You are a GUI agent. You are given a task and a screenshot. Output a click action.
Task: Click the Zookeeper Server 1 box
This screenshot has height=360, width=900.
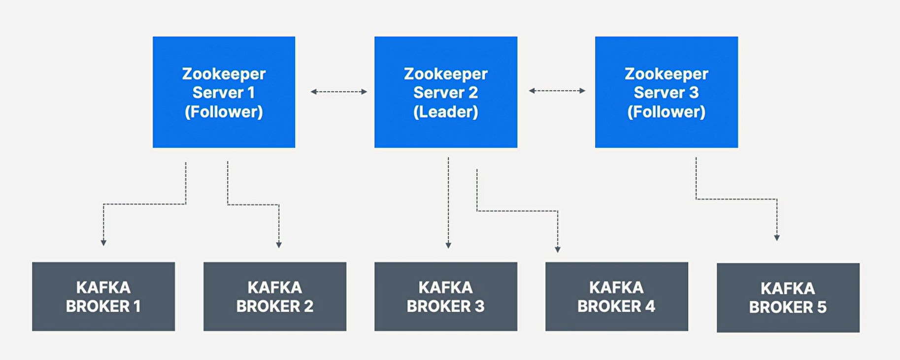click(x=224, y=92)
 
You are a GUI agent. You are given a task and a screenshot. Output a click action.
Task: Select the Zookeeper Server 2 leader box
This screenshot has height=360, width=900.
click(x=445, y=92)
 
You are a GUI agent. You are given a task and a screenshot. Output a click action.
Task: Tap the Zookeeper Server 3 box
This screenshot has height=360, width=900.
click(x=666, y=92)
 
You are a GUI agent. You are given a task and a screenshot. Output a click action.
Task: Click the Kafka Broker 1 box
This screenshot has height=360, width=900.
click(x=103, y=296)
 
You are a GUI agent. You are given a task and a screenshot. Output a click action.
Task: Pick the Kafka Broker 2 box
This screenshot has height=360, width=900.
click(x=274, y=296)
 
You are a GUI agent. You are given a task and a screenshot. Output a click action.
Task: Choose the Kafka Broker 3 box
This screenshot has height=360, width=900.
click(x=445, y=296)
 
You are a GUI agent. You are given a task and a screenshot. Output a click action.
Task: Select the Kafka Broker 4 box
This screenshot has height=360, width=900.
click(x=616, y=296)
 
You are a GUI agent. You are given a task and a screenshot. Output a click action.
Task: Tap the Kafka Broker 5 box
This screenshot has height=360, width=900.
click(x=788, y=297)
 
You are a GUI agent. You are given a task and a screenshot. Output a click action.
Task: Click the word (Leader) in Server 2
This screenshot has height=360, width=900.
click(x=445, y=112)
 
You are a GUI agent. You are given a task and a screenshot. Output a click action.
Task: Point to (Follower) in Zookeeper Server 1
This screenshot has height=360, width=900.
click(x=224, y=112)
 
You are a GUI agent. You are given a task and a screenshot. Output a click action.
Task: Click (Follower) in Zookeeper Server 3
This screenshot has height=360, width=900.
click(x=666, y=112)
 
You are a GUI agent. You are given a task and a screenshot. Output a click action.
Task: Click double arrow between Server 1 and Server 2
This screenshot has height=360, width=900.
click(x=339, y=92)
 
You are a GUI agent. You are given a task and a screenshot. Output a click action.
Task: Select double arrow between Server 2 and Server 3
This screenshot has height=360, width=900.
click(x=557, y=91)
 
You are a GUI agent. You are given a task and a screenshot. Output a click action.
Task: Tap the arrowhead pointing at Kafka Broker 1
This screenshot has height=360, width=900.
click(x=103, y=242)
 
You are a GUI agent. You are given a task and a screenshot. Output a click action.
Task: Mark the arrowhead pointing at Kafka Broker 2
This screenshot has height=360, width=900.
click(x=279, y=245)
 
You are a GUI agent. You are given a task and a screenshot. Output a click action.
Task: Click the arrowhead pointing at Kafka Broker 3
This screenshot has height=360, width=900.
click(x=448, y=245)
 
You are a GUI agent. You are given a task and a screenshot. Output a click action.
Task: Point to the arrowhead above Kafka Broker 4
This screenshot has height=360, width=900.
click(x=558, y=250)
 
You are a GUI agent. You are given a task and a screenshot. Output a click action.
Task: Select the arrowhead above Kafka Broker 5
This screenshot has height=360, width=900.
click(x=777, y=238)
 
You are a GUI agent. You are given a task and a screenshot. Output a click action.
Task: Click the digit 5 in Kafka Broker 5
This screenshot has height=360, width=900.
click(x=822, y=307)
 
